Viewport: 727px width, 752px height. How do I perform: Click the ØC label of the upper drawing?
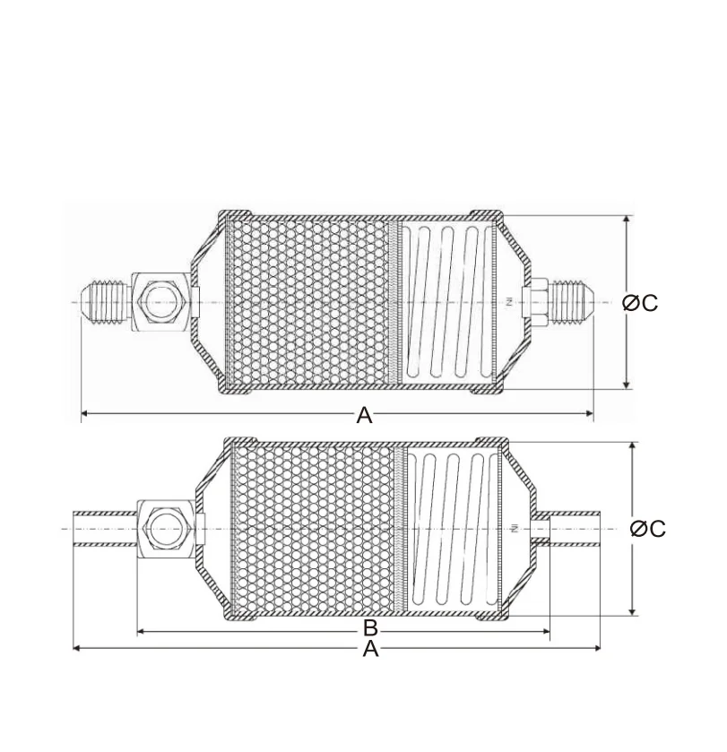click(640, 303)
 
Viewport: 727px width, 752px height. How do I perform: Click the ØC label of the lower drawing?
click(648, 529)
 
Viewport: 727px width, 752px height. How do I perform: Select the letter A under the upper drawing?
click(364, 415)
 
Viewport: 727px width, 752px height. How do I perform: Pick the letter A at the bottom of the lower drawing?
click(370, 649)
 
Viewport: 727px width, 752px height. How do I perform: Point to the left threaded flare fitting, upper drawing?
click(107, 301)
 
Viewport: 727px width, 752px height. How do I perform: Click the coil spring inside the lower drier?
click(454, 528)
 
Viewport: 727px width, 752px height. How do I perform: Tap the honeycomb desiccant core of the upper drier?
click(309, 302)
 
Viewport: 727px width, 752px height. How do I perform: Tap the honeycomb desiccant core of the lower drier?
click(314, 528)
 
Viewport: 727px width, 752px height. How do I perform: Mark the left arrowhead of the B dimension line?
click(141, 632)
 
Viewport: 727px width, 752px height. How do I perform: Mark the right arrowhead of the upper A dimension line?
click(590, 413)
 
